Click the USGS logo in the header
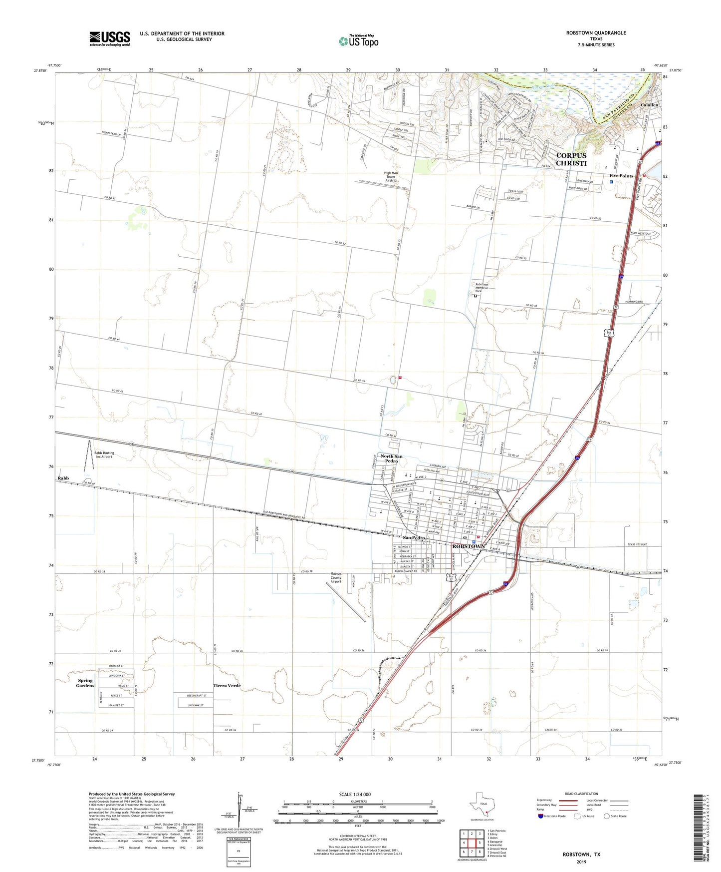(110, 38)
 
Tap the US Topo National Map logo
(358, 40)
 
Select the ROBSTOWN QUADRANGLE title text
(596, 33)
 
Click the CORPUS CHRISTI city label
(571, 159)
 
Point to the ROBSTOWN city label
(468, 546)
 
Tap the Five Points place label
(621, 176)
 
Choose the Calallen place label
(649, 105)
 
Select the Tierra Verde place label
(227, 686)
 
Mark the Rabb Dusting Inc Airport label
(104, 455)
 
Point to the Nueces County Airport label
(336, 577)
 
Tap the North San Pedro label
(391, 458)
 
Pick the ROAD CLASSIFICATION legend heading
(581, 794)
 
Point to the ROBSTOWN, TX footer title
(581, 855)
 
